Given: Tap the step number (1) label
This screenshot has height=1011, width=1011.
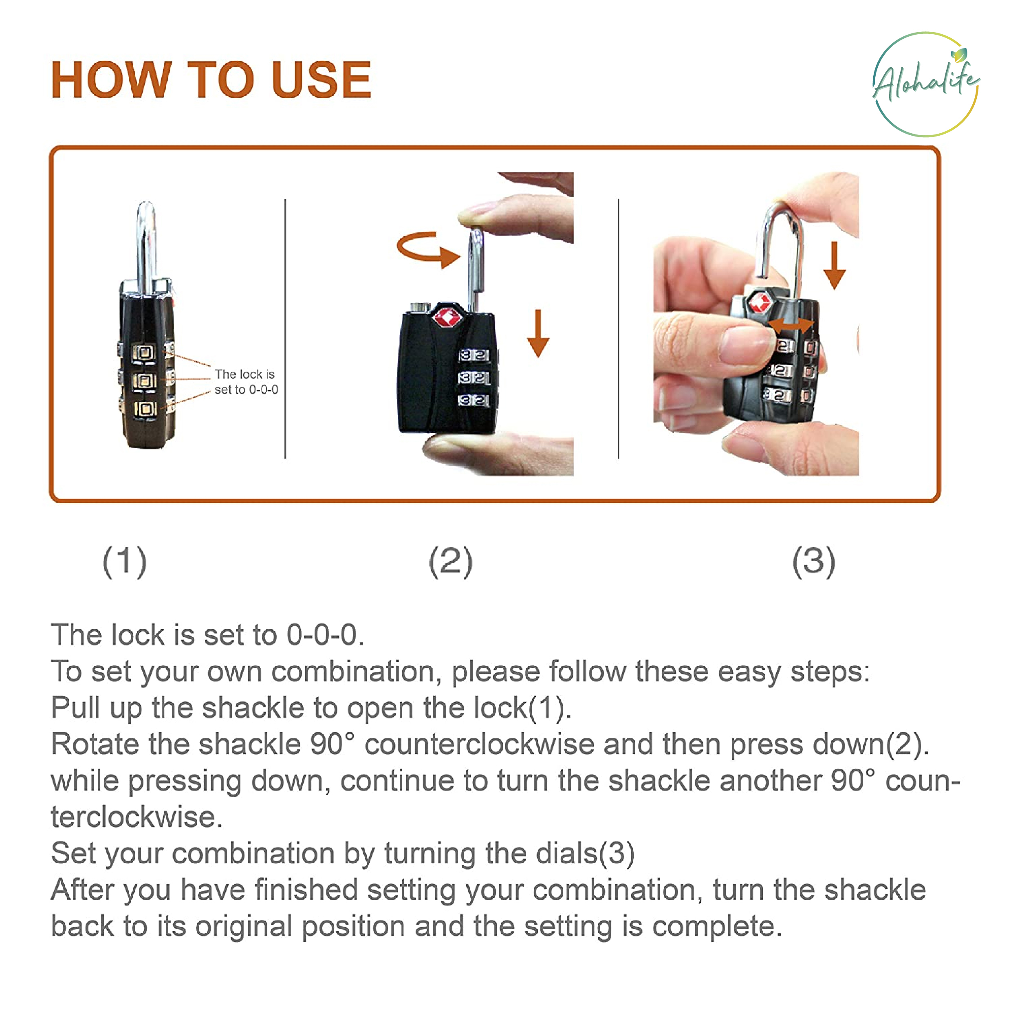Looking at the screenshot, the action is click(x=125, y=562).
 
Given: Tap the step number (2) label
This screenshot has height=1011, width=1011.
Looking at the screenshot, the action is click(x=451, y=562).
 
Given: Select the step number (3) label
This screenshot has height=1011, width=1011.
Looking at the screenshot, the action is click(x=813, y=562).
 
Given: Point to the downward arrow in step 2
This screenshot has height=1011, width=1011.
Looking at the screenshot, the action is click(x=537, y=333).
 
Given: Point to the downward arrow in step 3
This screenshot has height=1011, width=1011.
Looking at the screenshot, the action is click(x=834, y=265).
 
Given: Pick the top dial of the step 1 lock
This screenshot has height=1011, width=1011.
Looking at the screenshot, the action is click(x=144, y=352).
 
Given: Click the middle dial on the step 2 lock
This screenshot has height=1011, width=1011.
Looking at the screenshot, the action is click(x=474, y=377).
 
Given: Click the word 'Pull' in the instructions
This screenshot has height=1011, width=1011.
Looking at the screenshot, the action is click(x=75, y=708).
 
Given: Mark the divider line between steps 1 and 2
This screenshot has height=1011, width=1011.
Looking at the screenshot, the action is click(x=285, y=328).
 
